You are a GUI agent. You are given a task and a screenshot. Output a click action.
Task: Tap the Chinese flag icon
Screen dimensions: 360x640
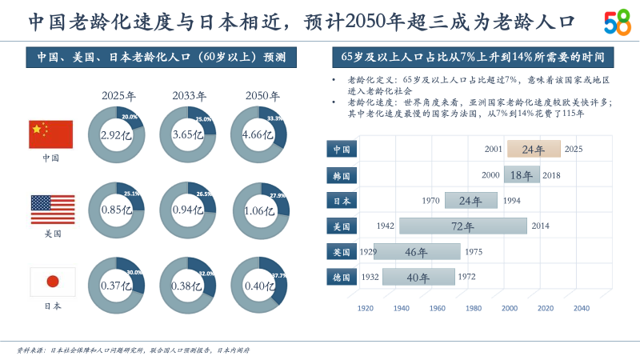click(51, 134)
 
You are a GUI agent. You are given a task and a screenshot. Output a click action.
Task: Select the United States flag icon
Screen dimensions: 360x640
click(52, 210)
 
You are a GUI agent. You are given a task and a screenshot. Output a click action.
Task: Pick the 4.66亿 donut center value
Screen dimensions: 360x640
click(258, 135)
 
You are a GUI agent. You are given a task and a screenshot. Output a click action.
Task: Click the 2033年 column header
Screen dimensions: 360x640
click(189, 96)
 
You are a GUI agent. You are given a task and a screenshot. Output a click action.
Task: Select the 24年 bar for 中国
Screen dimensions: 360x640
click(533, 150)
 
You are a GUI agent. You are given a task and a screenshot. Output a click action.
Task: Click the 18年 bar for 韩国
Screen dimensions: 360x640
click(522, 175)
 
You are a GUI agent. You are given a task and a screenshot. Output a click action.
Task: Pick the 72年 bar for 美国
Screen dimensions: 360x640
click(462, 226)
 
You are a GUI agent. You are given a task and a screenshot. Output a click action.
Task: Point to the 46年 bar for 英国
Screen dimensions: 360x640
click(417, 252)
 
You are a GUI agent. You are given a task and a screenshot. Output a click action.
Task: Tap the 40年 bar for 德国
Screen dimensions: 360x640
click(418, 278)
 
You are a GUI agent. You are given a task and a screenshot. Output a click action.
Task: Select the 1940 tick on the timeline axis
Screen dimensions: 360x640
click(402, 308)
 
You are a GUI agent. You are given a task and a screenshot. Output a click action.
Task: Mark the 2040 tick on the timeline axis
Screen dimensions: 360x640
click(582, 308)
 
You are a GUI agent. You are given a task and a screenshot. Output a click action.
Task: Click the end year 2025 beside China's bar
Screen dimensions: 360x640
click(573, 150)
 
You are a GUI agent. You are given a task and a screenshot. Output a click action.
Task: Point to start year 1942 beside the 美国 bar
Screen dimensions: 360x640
click(385, 226)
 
